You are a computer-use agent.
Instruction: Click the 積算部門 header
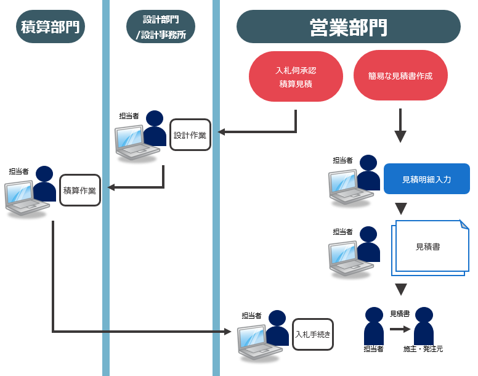pos(51,27)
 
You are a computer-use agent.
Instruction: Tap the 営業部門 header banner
pos(348,27)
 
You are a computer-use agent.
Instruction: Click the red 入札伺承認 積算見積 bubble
pos(296,77)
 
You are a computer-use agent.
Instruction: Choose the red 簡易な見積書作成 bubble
pos(400,76)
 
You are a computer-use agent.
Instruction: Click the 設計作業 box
pos(190,135)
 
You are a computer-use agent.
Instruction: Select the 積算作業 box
pos(80,190)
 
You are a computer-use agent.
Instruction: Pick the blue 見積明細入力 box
pos(426,179)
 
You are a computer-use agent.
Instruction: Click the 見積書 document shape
pos(428,247)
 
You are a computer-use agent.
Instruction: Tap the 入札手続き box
pos(313,335)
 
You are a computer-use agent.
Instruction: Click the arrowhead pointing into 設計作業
pos(222,132)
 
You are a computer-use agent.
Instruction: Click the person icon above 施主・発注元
pos(423,325)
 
